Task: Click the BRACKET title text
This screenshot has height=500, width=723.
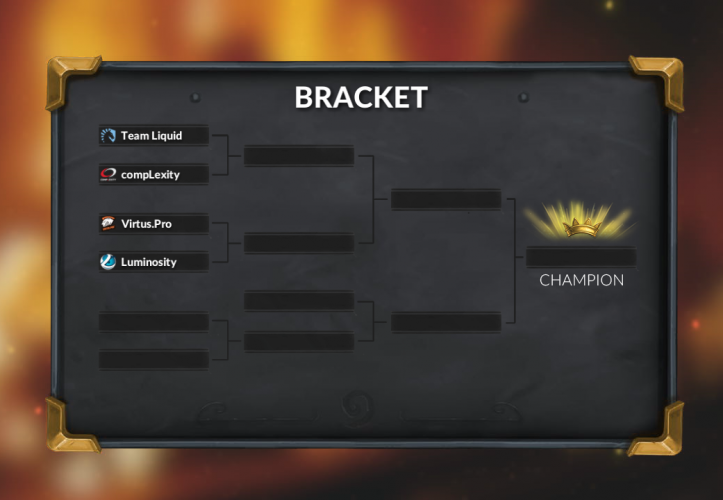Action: (x=361, y=97)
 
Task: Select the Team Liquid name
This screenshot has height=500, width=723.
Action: (x=151, y=135)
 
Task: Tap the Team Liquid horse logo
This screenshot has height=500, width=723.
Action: (x=108, y=135)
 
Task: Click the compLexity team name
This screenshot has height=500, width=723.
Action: (x=151, y=174)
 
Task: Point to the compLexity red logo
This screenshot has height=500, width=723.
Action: (x=108, y=174)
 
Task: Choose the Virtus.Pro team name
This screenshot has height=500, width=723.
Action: (x=146, y=224)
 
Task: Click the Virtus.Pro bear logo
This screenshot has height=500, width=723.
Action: (x=108, y=224)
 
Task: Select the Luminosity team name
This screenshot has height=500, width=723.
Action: (x=148, y=262)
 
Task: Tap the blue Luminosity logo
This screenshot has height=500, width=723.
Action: (x=108, y=262)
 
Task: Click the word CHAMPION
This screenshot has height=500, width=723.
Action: (x=581, y=280)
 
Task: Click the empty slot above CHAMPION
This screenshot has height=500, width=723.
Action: (x=581, y=257)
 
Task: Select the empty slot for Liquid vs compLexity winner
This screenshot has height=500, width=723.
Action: (x=299, y=156)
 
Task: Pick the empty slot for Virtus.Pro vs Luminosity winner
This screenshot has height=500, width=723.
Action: (x=299, y=243)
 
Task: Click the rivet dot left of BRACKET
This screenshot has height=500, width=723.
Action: (x=195, y=98)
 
